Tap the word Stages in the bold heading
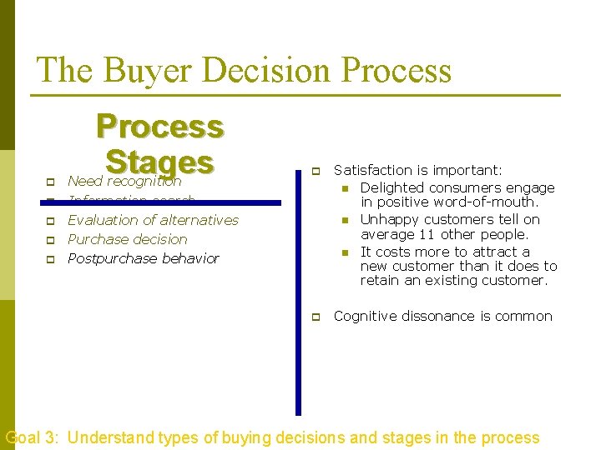160,161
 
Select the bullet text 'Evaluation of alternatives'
153,220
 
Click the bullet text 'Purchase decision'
127,239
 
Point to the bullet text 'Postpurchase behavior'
143,258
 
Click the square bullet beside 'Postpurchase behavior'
49,259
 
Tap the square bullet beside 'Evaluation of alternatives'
49,221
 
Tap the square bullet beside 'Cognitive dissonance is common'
316,317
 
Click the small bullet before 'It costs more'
343,252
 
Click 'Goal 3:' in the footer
32,437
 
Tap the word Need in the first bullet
85,181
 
